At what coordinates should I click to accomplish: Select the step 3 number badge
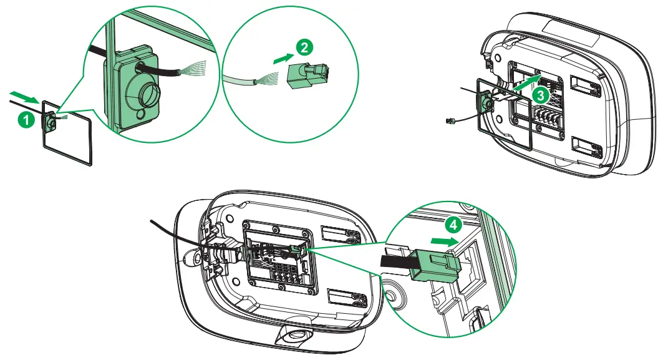click(541, 95)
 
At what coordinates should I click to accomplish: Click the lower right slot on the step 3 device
click(588, 147)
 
